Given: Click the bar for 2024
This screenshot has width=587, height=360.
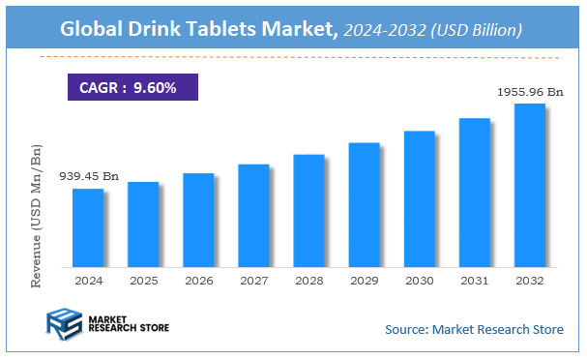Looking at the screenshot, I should click(88, 227).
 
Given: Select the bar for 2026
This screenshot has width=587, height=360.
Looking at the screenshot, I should click(198, 220).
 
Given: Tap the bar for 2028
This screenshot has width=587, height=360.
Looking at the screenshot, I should click(308, 210).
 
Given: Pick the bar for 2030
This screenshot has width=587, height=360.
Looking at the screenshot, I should click(419, 198).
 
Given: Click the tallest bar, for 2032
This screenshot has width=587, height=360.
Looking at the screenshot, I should click(529, 185).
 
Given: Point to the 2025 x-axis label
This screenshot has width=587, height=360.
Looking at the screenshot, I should click(143, 280).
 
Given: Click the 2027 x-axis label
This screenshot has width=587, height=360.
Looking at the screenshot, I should click(253, 280).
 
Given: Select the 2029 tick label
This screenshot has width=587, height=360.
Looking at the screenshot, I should click(364, 280).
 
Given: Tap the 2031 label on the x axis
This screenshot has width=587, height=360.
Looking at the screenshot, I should click(474, 280).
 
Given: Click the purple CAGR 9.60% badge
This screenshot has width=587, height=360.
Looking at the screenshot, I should click(132, 87).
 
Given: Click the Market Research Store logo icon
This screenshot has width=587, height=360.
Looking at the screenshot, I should click(63, 324).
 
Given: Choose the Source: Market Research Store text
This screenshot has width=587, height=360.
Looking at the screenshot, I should click(474, 330).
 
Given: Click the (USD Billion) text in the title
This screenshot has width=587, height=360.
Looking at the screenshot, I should click(476, 31).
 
